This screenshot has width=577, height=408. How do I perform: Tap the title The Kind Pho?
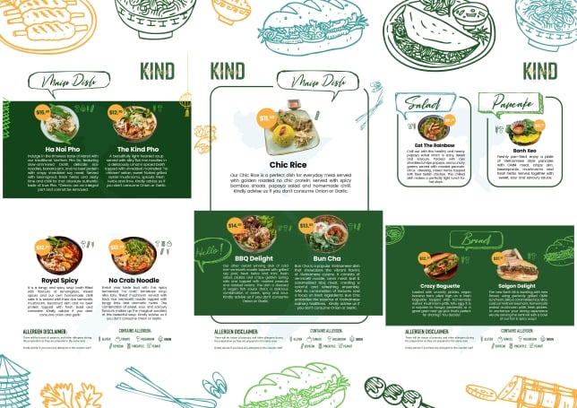click(x=132, y=149)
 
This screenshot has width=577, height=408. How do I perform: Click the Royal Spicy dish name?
click(x=50, y=279)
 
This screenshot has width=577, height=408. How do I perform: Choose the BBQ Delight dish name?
click(x=254, y=257)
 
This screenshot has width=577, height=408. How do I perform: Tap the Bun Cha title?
click(x=325, y=257)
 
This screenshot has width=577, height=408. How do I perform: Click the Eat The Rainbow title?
click(x=434, y=145)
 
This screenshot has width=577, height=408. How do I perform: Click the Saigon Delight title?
click(x=518, y=286)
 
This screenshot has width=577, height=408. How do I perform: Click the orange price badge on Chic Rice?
click(x=266, y=117)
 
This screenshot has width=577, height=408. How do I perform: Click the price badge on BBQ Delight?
click(x=235, y=225)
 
